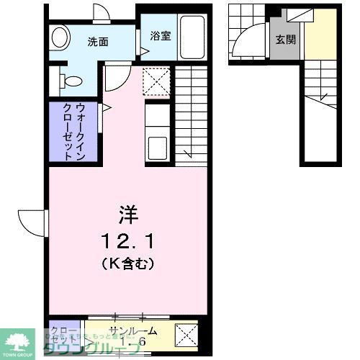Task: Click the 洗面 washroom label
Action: click(98, 41)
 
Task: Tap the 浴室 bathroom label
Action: click(160, 35)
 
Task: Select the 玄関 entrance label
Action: click(284, 39)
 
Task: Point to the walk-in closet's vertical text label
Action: click(74, 132)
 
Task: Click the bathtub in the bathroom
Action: click(192, 38)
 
